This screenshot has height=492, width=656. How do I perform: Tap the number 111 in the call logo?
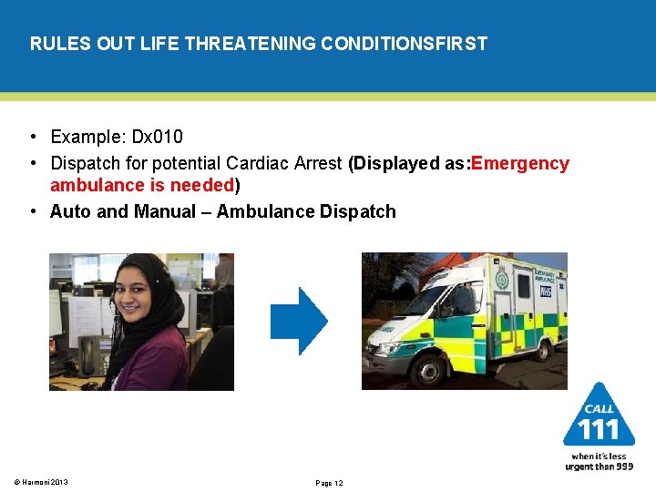(599, 429)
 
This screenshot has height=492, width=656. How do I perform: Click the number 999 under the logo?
(622, 466)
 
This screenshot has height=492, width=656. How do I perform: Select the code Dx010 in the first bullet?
(158, 138)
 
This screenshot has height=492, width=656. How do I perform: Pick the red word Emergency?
(521, 164)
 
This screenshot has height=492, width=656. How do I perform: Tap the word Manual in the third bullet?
(165, 212)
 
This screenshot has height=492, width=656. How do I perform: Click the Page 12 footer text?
(329, 483)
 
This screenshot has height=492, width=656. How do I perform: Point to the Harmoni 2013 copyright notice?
(41, 482)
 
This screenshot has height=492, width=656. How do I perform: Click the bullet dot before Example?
(32, 138)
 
